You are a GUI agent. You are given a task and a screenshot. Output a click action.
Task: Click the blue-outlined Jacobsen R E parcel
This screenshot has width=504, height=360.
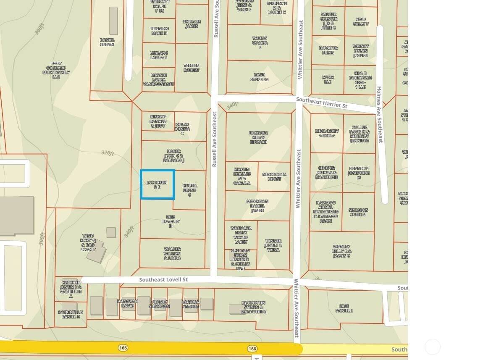(x=157, y=185)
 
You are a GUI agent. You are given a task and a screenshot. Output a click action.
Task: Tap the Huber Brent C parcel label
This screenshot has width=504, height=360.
(x=189, y=190)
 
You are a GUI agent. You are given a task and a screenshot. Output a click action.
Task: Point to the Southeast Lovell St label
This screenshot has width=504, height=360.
(x=163, y=280)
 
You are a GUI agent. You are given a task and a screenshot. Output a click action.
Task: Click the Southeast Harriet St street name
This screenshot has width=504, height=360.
(x=321, y=102)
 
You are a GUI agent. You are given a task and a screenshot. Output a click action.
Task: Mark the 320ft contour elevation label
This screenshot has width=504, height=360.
(x=108, y=153)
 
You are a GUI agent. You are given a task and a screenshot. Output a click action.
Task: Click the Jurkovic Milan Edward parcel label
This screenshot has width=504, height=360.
(x=258, y=137)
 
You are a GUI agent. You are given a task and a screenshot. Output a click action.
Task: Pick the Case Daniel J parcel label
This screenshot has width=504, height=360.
(x=344, y=308)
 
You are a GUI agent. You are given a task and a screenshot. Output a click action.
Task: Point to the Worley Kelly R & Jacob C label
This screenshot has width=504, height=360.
(x=342, y=251)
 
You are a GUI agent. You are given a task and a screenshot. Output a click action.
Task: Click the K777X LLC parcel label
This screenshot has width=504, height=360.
(x=328, y=80)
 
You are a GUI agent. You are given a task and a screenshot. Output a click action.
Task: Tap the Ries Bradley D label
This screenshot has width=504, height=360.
(x=171, y=221)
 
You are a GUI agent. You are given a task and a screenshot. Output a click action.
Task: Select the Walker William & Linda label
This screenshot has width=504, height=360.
(x=173, y=254)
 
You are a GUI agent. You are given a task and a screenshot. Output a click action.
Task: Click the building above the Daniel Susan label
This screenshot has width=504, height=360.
(x=113, y=21)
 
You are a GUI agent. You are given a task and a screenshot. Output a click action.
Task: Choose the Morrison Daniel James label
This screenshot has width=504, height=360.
(x=257, y=206)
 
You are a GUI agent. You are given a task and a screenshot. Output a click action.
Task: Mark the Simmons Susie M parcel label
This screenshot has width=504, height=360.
(x=358, y=212)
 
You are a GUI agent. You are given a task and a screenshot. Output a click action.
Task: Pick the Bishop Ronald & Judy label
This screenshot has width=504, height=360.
(x=158, y=121)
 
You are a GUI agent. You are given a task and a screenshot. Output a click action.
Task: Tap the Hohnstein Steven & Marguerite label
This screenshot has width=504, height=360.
(x=254, y=307)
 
